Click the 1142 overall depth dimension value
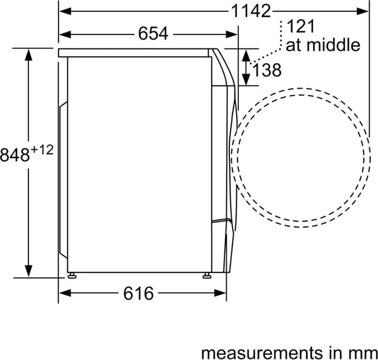pyautogui.click(x=251, y=11)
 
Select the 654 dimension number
pyautogui.click(x=153, y=33)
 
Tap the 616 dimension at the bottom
pyautogui.click(x=139, y=293)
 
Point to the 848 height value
pyautogui.click(x=15, y=155)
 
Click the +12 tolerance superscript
pyautogui.click(x=42, y=150)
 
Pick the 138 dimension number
pyautogui.click(x=266, y=70)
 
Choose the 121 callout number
pyautogui.click(x=301, y=26)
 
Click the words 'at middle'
pyautogui.click(x=323, y=45)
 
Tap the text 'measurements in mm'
pyautogui.click(x=289, y=353)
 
